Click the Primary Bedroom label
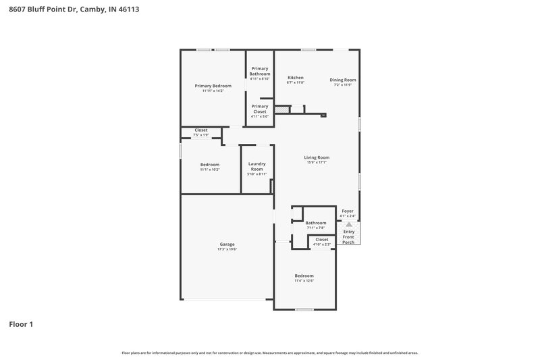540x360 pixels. [213, 86]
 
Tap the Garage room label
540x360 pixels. [227, 244]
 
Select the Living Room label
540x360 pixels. [317, 157]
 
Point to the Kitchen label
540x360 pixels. [296, 78]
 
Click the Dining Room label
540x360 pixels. [343, 80]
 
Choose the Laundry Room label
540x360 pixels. [256, 166]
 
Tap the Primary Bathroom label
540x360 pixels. [260, 71]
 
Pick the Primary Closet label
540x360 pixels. [260, 109]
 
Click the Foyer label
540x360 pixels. [348, 211]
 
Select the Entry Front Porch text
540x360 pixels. [348, 237]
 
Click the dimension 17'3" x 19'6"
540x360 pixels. [227, 249]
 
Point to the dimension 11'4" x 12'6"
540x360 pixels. [304, 281]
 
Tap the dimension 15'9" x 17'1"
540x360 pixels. [317, 162]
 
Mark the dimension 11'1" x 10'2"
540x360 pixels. [209, 170]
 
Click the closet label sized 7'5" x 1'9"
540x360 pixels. [201, 130]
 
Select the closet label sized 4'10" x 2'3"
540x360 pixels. [322, 239]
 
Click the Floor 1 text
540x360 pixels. [21, 324]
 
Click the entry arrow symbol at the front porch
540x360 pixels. [348, 224]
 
